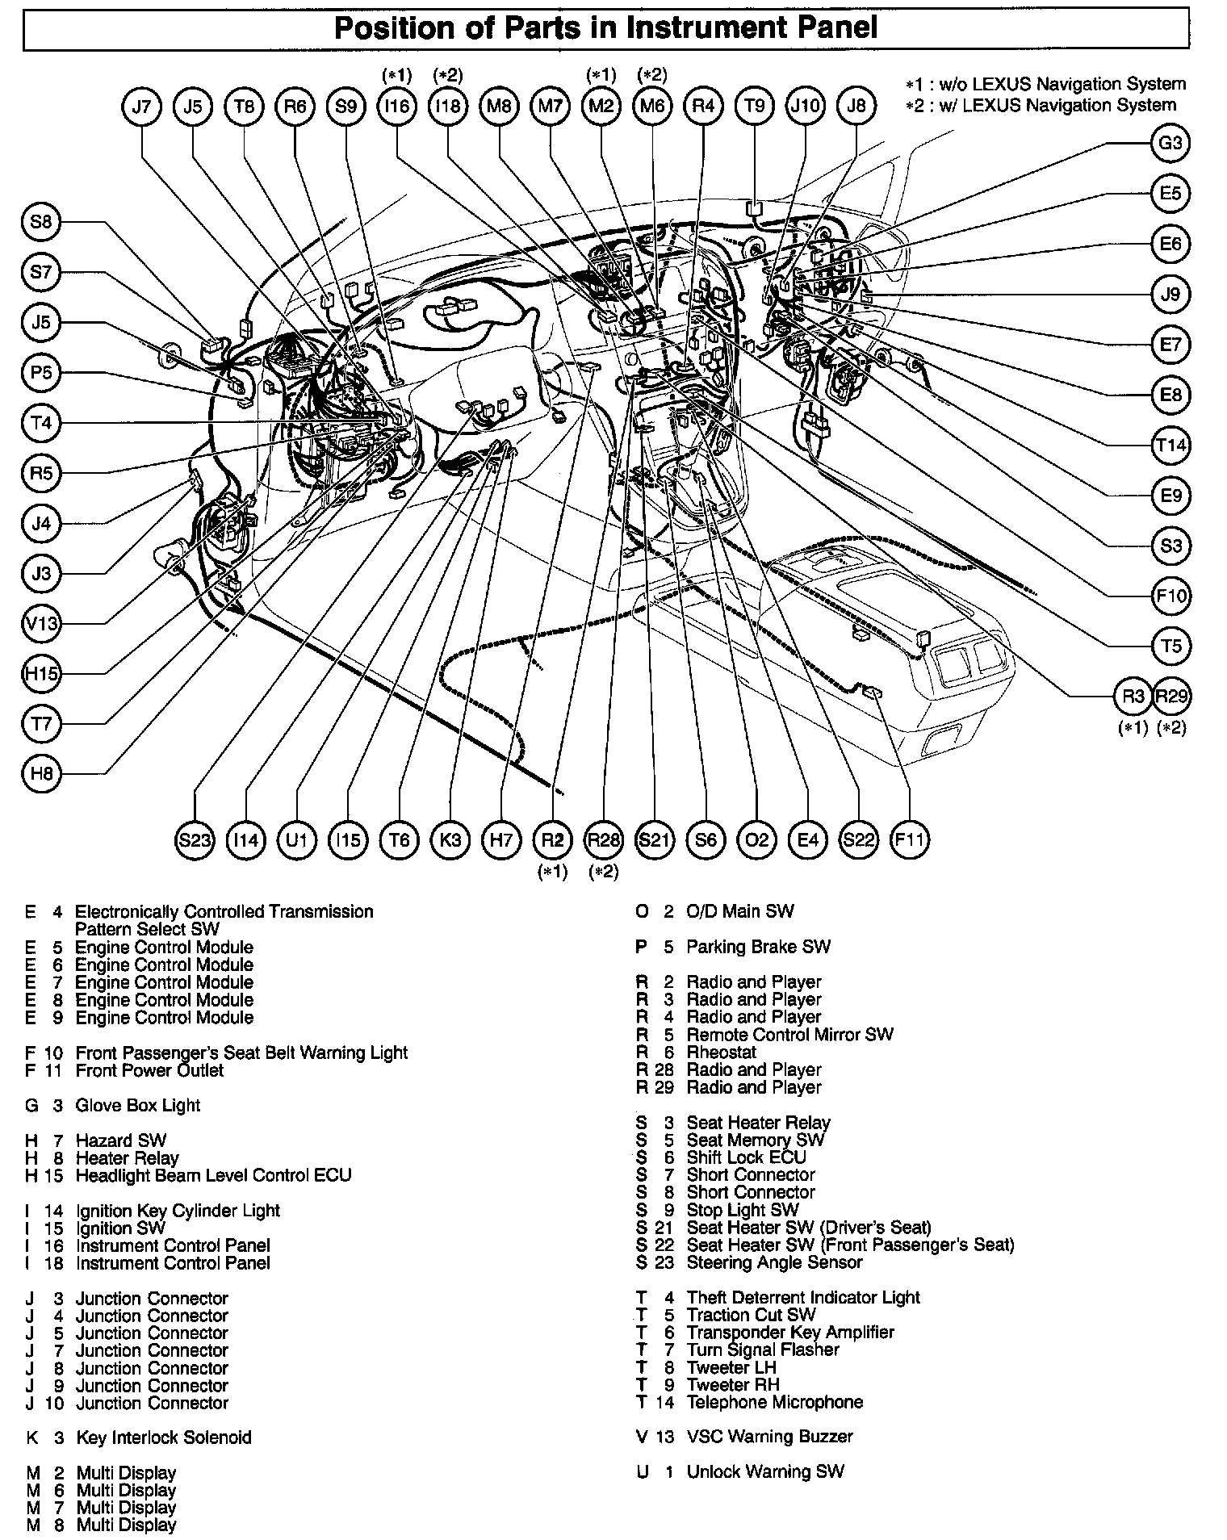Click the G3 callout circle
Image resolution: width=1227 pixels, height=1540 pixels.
coord(1170,144)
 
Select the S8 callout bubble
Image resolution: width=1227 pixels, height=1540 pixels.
coord(41,222)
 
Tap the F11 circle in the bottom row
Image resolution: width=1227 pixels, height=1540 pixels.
coord(909,840)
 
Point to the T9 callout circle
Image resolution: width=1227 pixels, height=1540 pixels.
coord(754,106)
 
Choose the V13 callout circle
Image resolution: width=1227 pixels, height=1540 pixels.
coord(41,623)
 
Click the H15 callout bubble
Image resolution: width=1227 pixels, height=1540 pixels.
coord(41,673)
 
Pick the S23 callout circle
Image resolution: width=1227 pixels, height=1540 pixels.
coord(195,840)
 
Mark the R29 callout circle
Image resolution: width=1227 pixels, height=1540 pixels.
coord(1172,697)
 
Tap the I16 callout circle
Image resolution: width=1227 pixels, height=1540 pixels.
coord(396,106)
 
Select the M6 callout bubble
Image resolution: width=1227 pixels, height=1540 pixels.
coord(652,106)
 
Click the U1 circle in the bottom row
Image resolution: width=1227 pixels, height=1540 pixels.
coord(297,840)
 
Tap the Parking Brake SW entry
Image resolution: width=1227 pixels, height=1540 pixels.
coord(758,946)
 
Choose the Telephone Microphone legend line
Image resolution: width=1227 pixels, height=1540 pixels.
coord(774,1402)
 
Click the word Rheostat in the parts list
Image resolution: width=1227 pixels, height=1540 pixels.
coord(722,1052)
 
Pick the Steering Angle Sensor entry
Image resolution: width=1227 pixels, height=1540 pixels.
coord(774,1262)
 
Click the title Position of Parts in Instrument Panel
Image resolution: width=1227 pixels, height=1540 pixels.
coord(605,29)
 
